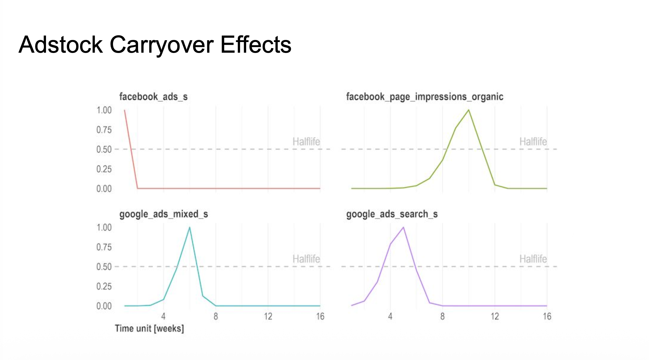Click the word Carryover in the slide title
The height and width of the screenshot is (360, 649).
(161, 45)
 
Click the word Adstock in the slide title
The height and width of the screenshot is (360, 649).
(61, 45)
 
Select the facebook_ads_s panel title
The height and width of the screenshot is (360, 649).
(153, 97)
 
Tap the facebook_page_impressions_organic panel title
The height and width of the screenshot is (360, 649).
(424, 97)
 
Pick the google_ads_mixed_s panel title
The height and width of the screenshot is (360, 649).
(164, 214)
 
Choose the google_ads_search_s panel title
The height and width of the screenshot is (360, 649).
(392, 214)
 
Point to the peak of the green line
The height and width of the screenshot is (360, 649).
(469, 110)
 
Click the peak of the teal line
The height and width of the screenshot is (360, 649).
(190, 227)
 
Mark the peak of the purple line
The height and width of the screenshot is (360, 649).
(403, 227)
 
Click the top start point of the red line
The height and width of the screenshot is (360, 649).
(125, 110)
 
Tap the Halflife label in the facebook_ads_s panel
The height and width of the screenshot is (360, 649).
(306, 142)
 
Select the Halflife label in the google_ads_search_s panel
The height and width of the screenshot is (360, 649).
(533, 259)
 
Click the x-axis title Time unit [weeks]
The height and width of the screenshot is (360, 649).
(149, 328)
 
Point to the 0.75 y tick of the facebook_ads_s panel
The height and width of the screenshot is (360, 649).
(104, 130)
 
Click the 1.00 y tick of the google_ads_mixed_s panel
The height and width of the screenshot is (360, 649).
(104, 228)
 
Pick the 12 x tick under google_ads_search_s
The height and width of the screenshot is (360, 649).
(495, 316)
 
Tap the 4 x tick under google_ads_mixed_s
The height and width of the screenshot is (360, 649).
(163, 316)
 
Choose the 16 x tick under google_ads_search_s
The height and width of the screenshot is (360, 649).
(547, 316)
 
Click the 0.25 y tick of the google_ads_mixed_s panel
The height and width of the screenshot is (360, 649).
(104, 286)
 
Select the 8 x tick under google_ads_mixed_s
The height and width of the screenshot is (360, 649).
(216, 316)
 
